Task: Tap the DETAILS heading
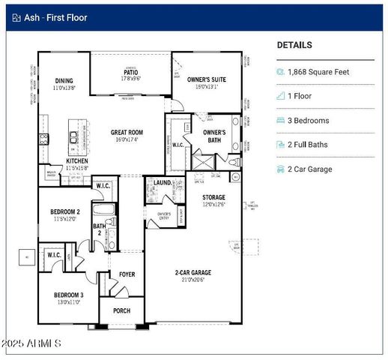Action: click(x=294, y=45)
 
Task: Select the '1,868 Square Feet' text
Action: click(x=319, y=72)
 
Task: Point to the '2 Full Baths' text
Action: click(x=309, y=145)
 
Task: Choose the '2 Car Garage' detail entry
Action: click(x=310, y=169)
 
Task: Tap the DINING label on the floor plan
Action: click(x=64, y=81)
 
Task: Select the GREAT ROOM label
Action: click(x=127, y=133)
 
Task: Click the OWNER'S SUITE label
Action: click(x=206, y=79)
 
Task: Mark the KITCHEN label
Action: click(x=77, y=160)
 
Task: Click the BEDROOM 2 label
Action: click(x=67, y=212)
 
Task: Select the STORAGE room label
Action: click(x=213, y=197)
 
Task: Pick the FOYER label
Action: click(x=127, y=274)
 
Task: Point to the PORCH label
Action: click(x=121, y=310)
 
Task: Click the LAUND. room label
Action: click(x=163, y=182)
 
